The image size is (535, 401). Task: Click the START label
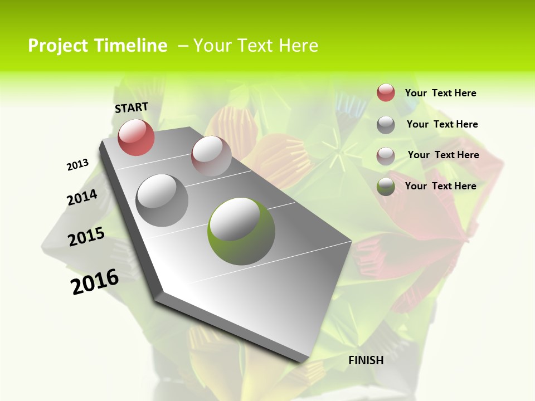tap(132, 107)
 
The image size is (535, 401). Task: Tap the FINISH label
tap(366, 360)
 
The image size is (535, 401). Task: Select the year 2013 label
tap(78, 165)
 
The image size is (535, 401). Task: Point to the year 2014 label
tap(82, 198)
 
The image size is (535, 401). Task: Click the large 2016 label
tap(95, 282)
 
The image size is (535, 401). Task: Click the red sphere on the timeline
tap(136, 137)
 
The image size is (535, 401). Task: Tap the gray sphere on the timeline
tap(162, 200)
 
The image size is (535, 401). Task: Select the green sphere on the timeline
tap(241, 231)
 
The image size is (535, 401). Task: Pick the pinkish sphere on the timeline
tap(211, 156)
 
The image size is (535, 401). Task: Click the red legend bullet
tap(386, 93)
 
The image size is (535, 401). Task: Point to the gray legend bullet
tap(386, 125)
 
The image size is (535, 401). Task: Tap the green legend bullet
tap(386, 187)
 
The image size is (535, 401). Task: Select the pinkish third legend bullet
tap(386, 155)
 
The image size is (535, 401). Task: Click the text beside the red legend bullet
tap(440, 93)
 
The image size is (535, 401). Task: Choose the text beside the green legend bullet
tap(440, 186)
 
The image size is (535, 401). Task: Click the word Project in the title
tap(57, 46)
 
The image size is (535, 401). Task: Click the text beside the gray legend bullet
tap(442, 124)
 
